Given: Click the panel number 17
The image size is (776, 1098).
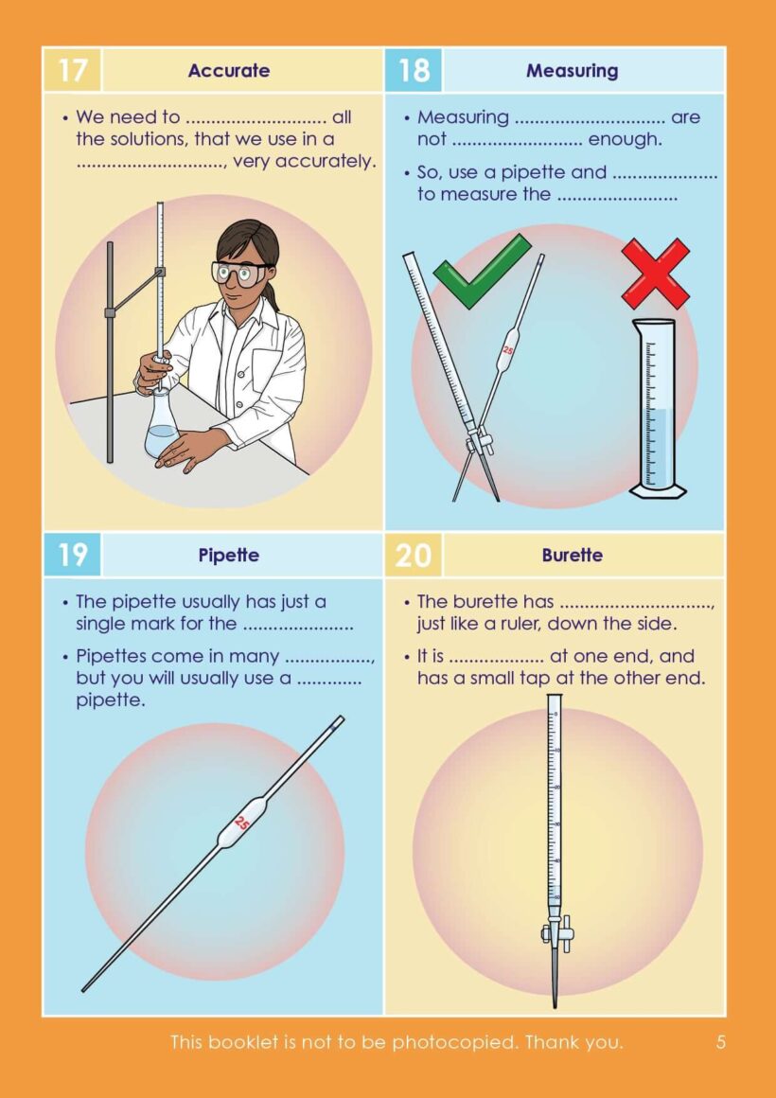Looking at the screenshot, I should click(x=72, y=70).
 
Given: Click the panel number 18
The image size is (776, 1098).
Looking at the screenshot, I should click(x=414, y=70).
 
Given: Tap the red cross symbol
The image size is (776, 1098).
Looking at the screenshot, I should click(x=656, y=273).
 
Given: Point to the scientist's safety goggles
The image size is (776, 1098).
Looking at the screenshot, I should click(x=242, y=274).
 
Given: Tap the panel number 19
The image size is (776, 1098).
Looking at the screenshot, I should click(x=72, y=555).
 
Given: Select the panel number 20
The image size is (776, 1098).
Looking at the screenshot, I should click(x=414, y=555).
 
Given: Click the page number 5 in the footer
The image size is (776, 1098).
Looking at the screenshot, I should click(x=721, y=1042).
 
